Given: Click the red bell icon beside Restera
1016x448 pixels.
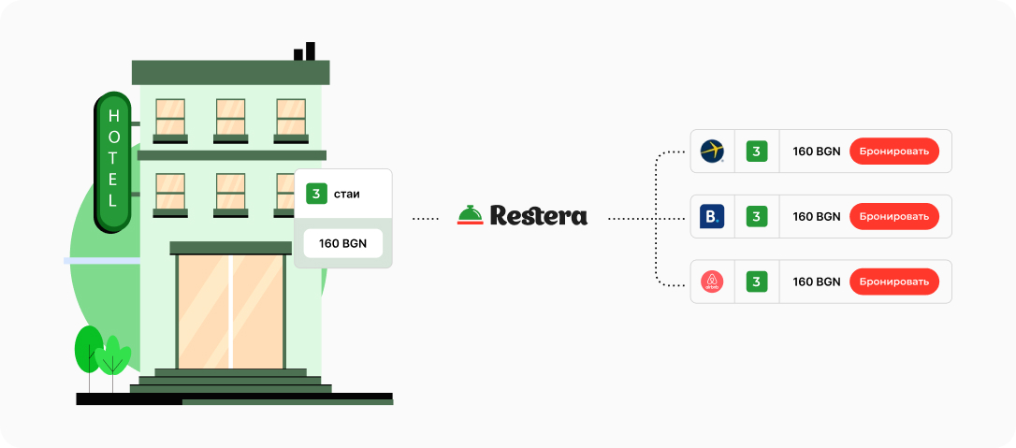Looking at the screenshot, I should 470,215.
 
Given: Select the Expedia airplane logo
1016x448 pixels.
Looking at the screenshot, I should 712,151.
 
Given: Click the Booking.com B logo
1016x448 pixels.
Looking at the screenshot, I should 712,217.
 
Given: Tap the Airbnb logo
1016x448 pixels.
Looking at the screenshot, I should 712,282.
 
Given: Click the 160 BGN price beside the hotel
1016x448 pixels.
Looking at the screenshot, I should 342,243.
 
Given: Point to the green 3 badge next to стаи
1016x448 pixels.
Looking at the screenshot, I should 316,195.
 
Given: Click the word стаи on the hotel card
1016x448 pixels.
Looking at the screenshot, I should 346,195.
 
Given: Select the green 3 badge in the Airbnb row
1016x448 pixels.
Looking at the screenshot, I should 756,282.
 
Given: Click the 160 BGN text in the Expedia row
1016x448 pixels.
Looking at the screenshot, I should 817,152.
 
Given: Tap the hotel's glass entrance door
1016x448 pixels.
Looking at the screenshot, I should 231,311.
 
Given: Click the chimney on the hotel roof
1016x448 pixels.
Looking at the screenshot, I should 305,51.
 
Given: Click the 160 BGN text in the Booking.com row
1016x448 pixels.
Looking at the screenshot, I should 817,217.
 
